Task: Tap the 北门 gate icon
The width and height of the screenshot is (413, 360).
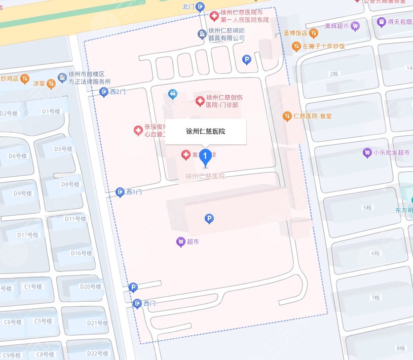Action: point(201,6)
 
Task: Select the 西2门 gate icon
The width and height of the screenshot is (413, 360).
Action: point(104,92)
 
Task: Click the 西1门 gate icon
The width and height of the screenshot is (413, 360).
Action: point(120,192)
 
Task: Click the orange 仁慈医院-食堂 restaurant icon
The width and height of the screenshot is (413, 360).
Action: point(287,116)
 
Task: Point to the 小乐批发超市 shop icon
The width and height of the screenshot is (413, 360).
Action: point(367,152)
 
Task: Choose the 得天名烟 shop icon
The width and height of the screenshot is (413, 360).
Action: point(381,22)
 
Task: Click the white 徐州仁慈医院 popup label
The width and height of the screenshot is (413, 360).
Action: point(205,132)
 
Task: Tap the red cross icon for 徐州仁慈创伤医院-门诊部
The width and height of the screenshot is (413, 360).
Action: point(200,101)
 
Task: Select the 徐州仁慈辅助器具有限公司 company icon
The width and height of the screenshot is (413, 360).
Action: point(201,34)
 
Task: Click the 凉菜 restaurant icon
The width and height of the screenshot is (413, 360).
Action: point(51,85)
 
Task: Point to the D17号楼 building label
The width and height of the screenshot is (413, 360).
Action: point(27,235)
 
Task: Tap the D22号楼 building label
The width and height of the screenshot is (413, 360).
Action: point(98,353)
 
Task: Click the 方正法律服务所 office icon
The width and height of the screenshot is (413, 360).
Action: point(62,74)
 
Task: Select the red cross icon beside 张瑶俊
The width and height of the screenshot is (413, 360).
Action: point(137,131)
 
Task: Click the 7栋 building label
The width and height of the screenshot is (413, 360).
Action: point(375,297)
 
